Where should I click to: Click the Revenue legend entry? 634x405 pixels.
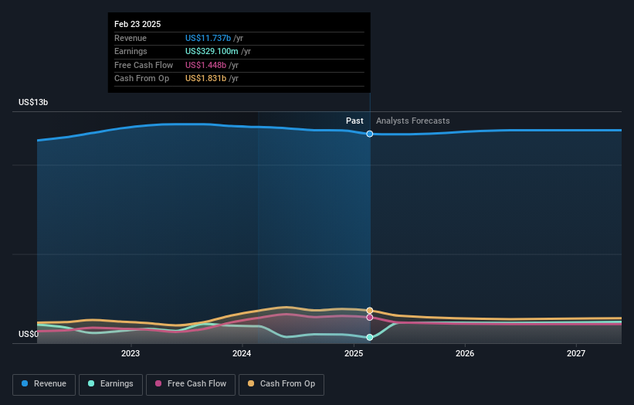tap(44, 384)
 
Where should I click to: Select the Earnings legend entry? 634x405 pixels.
tap(110, 384)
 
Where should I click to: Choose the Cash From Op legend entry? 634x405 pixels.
tap(281, 384)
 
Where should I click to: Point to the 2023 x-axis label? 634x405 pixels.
tap(131, 353)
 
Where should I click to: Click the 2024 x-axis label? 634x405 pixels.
tap(242, 353)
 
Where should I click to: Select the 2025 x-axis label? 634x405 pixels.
tap(354, 353)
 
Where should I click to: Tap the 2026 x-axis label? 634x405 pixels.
tap(465, 353)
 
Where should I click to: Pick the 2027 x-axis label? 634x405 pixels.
tap(576, 353)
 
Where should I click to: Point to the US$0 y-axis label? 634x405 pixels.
tap(29, 335)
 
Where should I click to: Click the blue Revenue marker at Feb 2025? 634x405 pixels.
tap(370, 134)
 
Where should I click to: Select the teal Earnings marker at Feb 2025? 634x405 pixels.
tap(370, 338)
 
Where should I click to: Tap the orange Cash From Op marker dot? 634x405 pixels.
tap(370, 311)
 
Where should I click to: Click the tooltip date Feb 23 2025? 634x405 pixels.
tap(137, 24)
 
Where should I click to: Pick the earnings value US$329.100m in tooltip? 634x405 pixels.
tap(212, 52)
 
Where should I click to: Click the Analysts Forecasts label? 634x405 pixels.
tap(412, 121)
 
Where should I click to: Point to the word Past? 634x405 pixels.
tap(354, 121)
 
